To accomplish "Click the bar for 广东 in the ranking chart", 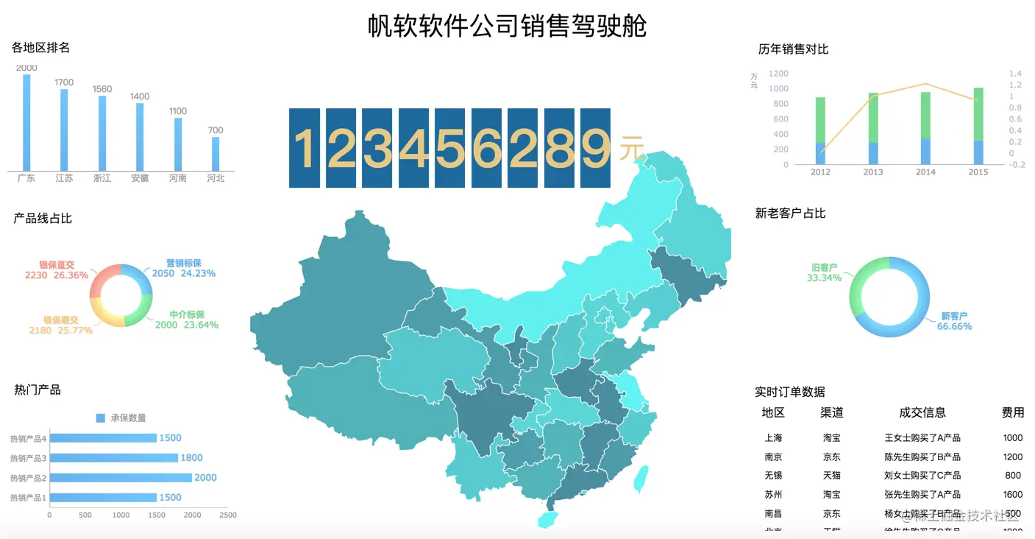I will click(26, 122).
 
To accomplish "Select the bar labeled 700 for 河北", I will click(216, 153).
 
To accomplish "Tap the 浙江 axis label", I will click(102, 178).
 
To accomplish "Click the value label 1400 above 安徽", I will click(140, 96).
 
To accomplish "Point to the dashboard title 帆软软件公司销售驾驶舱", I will click(508, 26).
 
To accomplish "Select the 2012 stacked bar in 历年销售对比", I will click(820, 130).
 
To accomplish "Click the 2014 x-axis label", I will click(925, 172).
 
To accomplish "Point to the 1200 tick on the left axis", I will click(779, 74).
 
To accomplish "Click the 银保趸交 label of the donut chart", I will click(57, 265).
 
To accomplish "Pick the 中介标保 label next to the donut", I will click(187, 314).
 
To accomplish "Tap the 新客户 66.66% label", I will click(954, 321).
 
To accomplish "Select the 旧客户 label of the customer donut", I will click(824, 268).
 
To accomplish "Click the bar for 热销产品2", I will click(121, 478).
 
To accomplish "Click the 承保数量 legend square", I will click(101, 418).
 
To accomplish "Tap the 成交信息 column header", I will click(922, 413).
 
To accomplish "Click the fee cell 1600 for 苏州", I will click(1013, 495).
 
